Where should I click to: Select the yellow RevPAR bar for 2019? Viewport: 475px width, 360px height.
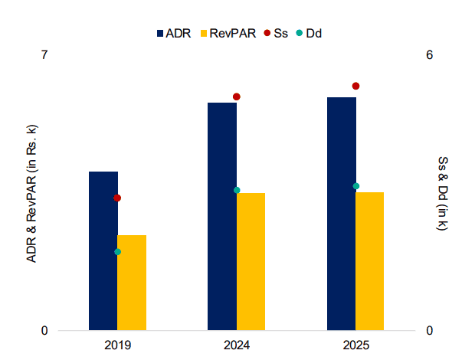[132, 283]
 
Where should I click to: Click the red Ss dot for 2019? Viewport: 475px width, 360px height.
[117, 198]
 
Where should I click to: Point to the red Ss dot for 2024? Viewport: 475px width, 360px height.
[237, 97]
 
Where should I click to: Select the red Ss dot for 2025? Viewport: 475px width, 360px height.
[355, 87]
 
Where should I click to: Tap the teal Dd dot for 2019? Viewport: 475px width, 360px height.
[117, 252]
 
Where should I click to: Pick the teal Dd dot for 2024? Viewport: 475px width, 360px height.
[237, 190]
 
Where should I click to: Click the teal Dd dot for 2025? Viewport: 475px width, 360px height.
[355, 186]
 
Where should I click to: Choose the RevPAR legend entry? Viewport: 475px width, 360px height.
[227, 33]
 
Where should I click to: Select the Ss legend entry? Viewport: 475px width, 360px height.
[276, 33]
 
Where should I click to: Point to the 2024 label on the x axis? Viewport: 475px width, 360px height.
[237, 345]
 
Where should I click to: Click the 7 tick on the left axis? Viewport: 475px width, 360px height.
[44, 55]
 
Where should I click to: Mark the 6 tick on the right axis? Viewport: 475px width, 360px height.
[430, 55]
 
